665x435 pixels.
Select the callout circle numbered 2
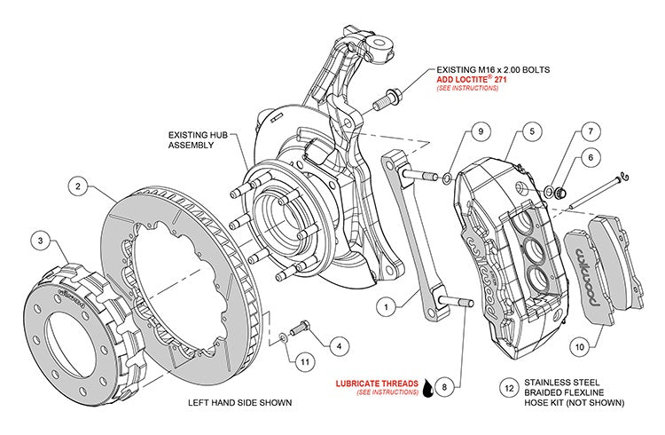(78, 187)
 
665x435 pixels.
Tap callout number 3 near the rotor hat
(39, 239)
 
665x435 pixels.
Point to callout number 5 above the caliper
(529, 131)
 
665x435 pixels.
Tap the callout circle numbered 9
(477, 131)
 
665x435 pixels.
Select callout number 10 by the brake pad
(578, 347)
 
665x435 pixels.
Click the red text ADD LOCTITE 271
(471, 79)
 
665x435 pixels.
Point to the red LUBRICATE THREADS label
(377, 384)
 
